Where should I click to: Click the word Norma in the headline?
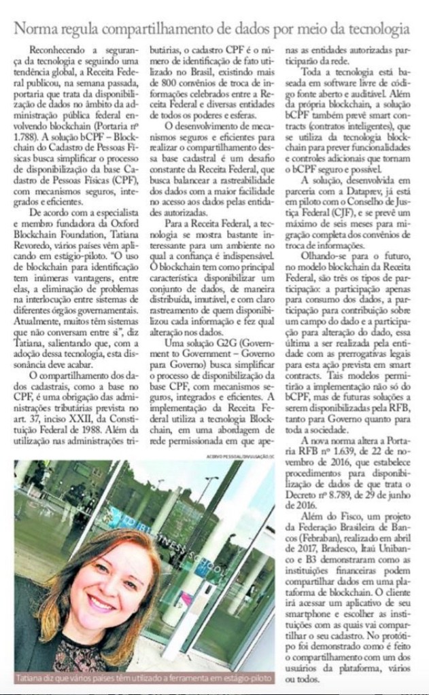pos(40,29)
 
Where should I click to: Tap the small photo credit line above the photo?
pos(242,455)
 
